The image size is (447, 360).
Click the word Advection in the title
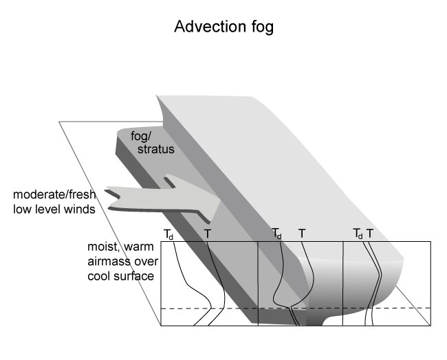point(205,27)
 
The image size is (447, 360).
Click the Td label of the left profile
point(168,234)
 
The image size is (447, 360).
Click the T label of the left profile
point(208,234)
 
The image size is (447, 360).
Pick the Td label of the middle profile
point(276,234)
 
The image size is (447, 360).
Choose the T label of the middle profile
point(301,234)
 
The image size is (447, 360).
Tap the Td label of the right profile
point(358,234)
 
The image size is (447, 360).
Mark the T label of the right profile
point(370,234)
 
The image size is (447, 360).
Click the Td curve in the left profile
point(182,275)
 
